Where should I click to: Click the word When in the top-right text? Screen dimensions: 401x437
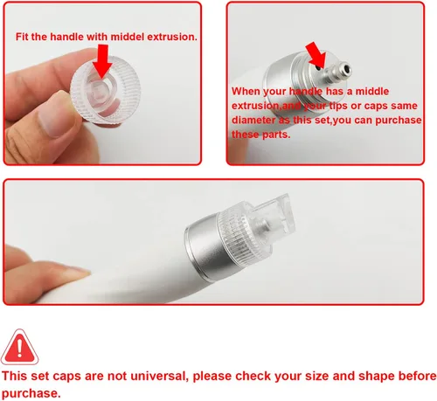[248, 90]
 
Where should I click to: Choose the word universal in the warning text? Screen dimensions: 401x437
[166, 376]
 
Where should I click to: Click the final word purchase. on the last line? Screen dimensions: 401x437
[31, 393]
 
